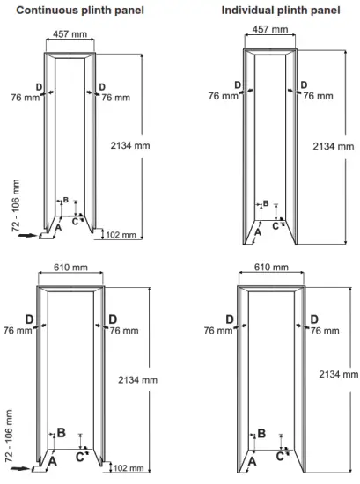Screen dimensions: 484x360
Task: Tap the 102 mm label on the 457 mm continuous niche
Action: pos(121,235)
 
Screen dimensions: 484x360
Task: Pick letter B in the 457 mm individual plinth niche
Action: pos(266,203)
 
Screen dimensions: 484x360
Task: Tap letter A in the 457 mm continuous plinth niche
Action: pos(57,226)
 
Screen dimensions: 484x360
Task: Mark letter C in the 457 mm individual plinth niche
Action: pos(276,225)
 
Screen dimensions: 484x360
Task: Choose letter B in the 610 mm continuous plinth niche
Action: pos(61,432)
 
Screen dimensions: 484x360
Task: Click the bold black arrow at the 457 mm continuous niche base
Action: pos(27,235)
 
